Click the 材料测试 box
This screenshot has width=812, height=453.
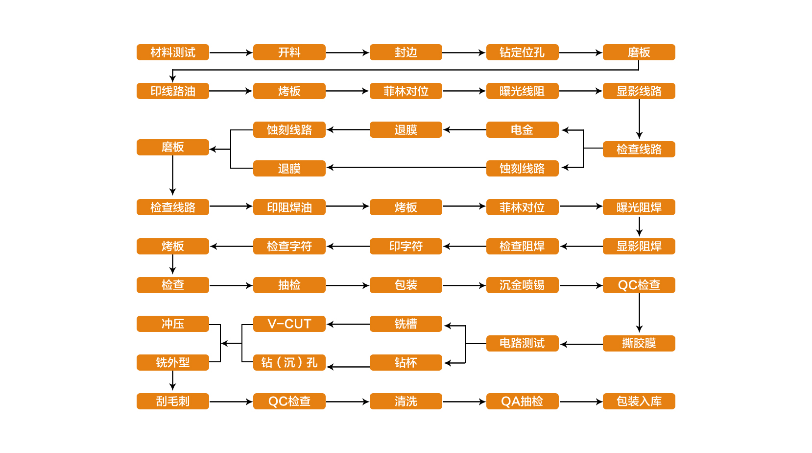point(172,52)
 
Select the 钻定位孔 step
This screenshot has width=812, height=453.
point(522,52)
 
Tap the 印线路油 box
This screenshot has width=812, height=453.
point(172,91)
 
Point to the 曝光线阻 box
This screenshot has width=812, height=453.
point(522,91)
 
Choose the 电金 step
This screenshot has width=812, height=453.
point(522,129)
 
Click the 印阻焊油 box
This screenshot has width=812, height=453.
point(289,207)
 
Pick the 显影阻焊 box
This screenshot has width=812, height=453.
point(639,246)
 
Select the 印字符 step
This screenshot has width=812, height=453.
point(406,246)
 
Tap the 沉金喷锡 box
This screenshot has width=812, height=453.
point(522,285)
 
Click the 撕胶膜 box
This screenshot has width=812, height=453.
point(639,343)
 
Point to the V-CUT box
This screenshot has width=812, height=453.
point(289,324)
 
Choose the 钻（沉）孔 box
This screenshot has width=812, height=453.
point(289,362)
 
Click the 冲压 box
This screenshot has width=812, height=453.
point(172,324)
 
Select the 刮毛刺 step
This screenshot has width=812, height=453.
point(172,401)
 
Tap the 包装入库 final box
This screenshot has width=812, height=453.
point(639,401)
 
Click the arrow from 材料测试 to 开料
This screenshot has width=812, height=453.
point(231,52)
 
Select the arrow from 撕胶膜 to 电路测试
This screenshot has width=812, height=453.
point(581,344)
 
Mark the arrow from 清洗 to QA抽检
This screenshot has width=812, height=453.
point(464,402)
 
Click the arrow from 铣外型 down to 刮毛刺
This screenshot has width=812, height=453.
point(172,380)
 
